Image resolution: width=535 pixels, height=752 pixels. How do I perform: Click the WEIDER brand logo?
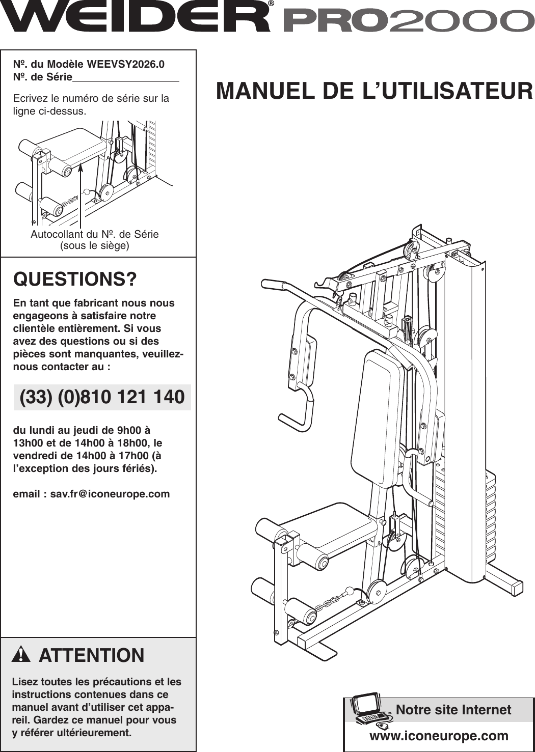tap(135, 17)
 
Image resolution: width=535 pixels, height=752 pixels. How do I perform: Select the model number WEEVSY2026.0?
tap(125, 65)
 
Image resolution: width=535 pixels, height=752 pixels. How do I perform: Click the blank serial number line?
tap(126, 78)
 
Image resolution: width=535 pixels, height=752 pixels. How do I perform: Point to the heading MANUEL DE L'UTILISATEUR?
tap(374, 91)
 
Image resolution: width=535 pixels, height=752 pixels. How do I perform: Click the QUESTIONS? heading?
tap(75, 280)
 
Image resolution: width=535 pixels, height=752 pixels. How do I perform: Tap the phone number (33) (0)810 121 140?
tap(102, 397)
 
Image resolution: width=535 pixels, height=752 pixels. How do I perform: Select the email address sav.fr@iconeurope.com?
tap(110, 494)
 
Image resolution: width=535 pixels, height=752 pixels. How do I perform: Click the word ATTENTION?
tap(92, 655)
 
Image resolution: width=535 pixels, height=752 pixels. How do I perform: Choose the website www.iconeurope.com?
tap(439, 736)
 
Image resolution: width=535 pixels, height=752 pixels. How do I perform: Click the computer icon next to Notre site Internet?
tap(370, 709)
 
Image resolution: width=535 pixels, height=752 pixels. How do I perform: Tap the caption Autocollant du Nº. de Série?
tap(95, 234)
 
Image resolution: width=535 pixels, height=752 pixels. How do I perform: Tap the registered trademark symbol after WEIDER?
tap(271, 3)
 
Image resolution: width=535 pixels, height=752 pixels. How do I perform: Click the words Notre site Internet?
tap(453, 710)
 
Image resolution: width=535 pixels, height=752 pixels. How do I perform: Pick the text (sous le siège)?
tap(95, 246)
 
